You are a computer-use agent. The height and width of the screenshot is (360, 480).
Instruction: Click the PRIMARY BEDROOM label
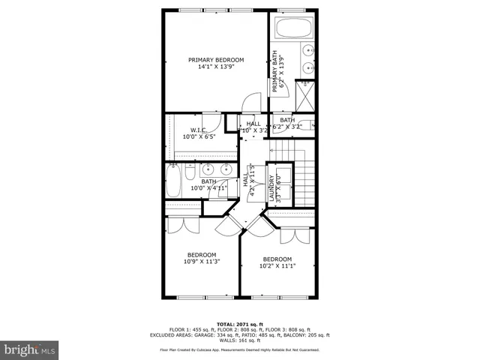coord(216,59)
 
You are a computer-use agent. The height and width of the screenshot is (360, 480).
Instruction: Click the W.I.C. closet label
coord(198,130)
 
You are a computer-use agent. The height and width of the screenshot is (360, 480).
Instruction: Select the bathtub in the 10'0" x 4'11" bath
coord(173,181)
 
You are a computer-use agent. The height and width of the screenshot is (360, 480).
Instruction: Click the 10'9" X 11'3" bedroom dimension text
coord(202,262)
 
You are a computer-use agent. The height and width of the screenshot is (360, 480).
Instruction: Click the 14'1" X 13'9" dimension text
coord(216,67)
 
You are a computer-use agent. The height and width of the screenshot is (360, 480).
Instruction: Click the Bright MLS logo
coord(30,349)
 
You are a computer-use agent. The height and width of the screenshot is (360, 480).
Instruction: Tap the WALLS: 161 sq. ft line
coord(239,340)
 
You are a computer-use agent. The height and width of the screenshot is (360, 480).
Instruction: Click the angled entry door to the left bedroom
coord(227,225)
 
